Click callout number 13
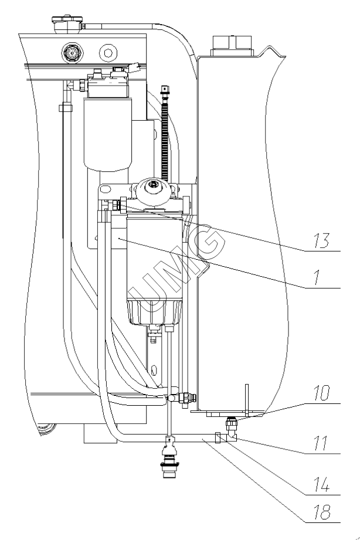point(321,240)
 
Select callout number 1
point(317,277)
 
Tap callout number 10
point(321,393)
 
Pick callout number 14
point(321,484)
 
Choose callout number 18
point(322,512)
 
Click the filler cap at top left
point(67,23)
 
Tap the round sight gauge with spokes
point(72,53)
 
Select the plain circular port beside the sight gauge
point(108,53)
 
